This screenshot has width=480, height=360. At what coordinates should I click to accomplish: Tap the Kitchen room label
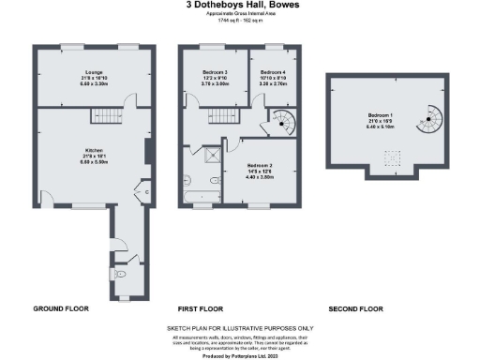(93, 151)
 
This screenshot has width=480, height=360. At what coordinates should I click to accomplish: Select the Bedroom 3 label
(215, 76)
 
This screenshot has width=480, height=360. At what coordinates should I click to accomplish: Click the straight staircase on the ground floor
(105, 116)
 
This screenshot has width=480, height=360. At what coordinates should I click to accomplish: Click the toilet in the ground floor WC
(122, 276)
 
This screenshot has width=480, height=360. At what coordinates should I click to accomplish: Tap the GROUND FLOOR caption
(60, 308)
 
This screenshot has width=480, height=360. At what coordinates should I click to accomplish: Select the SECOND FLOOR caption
(358, 308)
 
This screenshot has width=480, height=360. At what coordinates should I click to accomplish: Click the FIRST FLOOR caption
(200, 308)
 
